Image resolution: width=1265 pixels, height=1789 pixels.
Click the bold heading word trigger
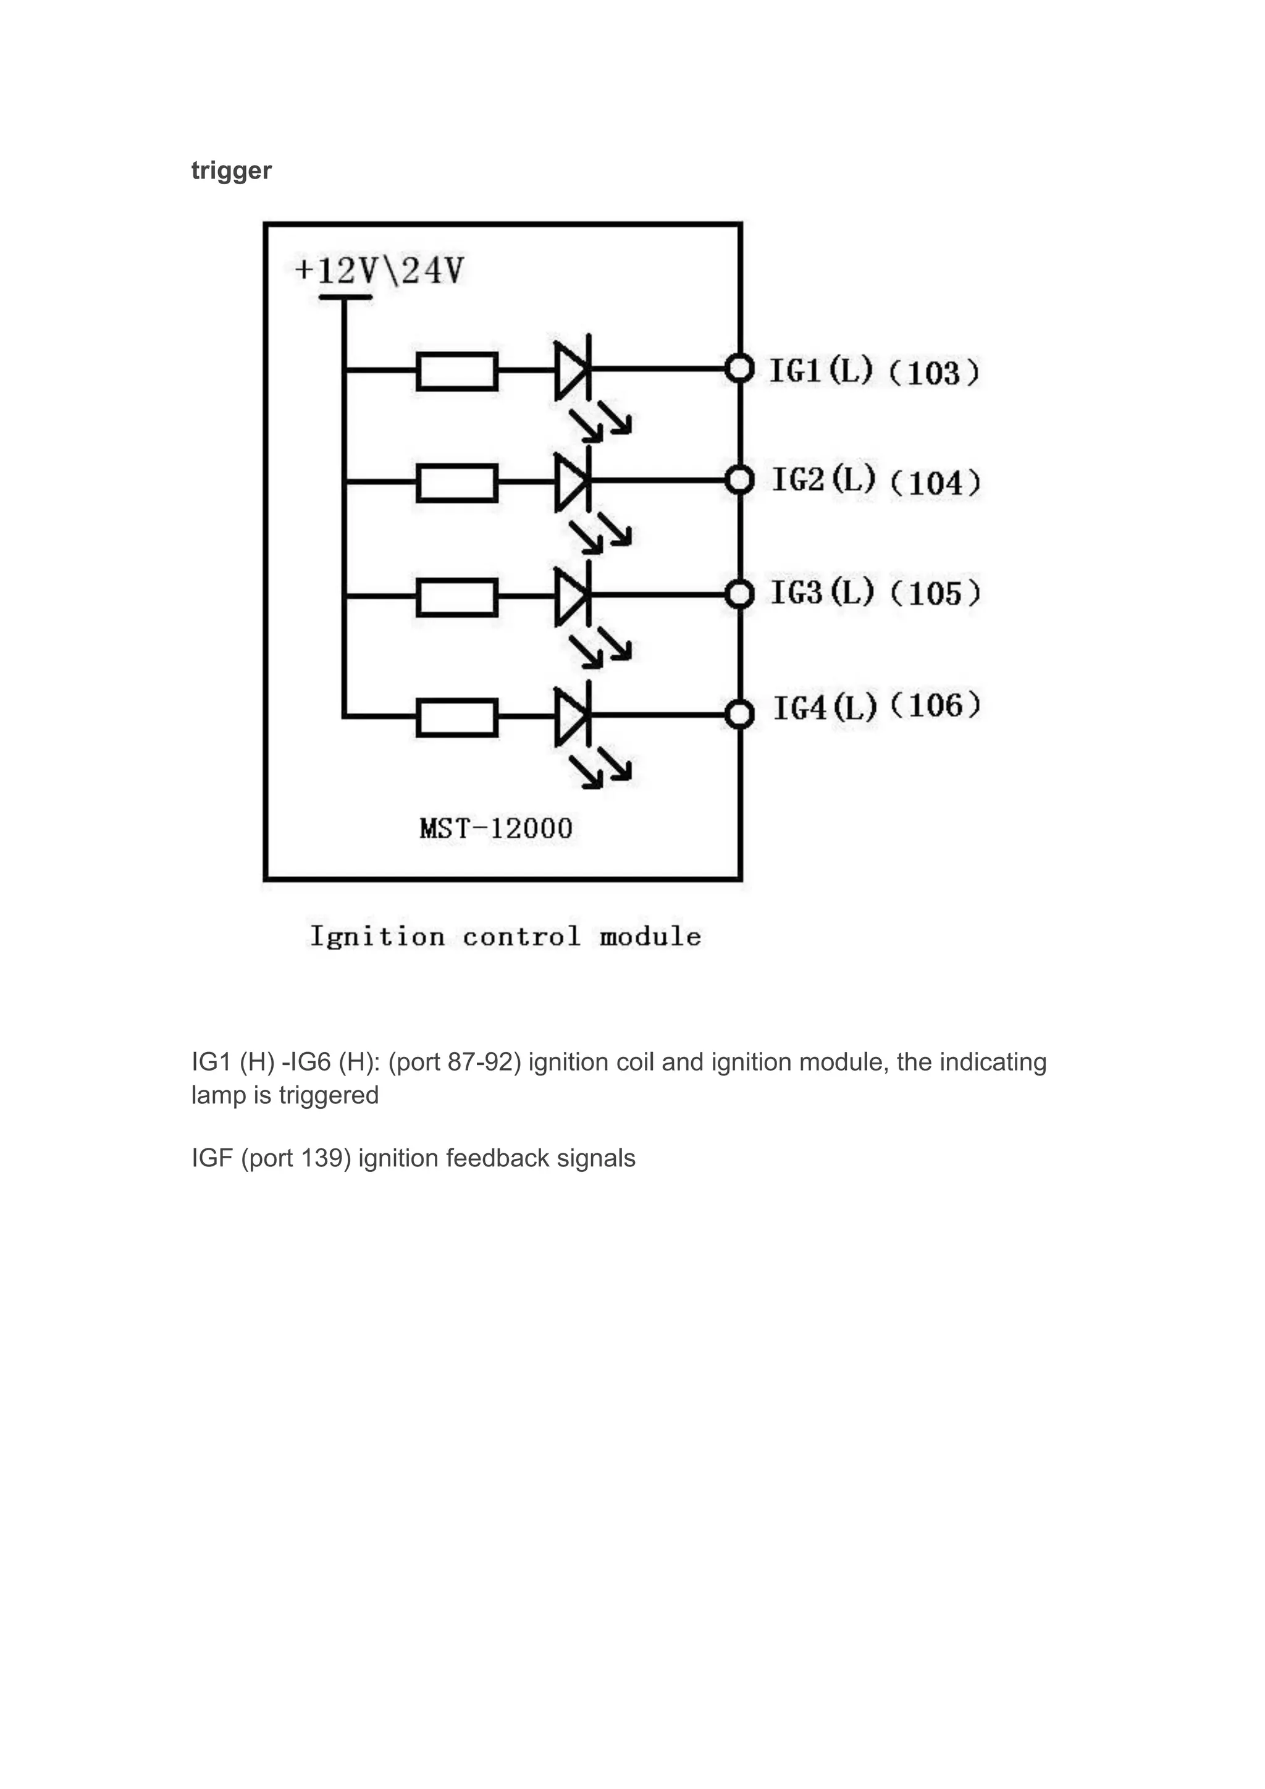[x=232, y=170]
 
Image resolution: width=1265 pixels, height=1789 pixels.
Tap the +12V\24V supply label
[x=379, y=271]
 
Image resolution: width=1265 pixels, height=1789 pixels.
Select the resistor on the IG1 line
[x=457, y=371]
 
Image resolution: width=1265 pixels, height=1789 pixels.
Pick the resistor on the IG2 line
[x=457, y=483]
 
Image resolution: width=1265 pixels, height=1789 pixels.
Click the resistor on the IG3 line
[x=457, y=597]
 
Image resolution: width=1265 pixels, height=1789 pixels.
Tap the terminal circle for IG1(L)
[x=739, y=368]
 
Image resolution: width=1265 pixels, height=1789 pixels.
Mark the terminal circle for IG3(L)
[x=739, y=594]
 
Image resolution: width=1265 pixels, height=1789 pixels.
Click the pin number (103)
[x=934, y=373]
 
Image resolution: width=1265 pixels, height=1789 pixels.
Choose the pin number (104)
[x=935, y=484]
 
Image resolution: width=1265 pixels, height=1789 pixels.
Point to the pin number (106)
[x=935, y=706]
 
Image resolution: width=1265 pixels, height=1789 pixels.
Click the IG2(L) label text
[x=823, y=479]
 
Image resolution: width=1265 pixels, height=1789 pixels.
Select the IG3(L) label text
[x=823, y=593]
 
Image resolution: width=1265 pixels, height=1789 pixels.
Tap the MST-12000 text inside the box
[x=496, y=828]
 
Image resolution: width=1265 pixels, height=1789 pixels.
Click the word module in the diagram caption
[x=650, y=937]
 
